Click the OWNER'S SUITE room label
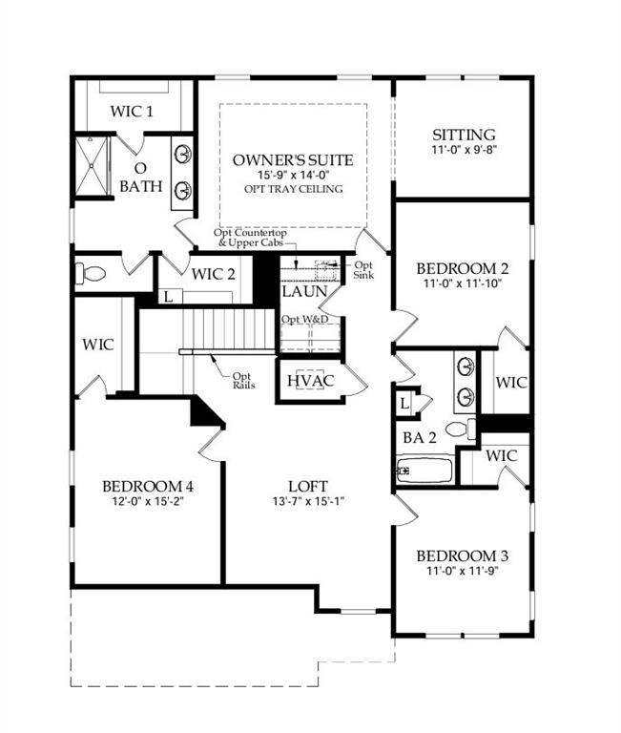(x=293, y=159)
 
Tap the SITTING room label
(x=464, y=135)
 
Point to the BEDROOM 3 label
(x=463, y=556)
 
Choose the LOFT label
(x=308, y=484)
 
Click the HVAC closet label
(x=310, y=381)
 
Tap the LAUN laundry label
(x=304, y=291)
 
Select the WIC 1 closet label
(x=132, y=112)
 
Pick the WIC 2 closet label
(x=213, y=275)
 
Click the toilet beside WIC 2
(x=93, y=274)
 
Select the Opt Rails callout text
(x=242, y=380)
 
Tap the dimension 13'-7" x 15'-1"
(x=308, y=500)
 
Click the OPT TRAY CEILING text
(x=293, y=189)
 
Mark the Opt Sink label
(x=363, y=270)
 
